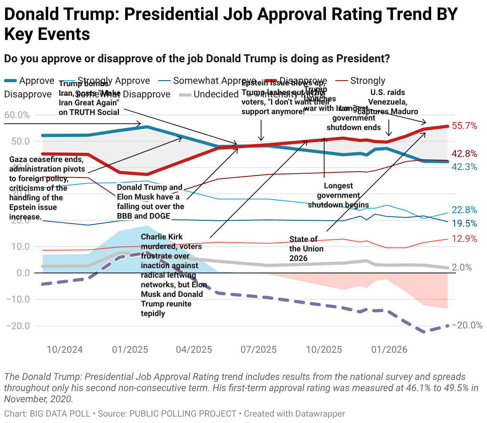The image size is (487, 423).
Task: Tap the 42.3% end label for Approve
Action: click(464, 167)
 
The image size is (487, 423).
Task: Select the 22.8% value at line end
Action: click(464, 210)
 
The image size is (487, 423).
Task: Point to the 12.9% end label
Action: click(464, 239)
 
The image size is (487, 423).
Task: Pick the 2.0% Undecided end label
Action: click(461, 267)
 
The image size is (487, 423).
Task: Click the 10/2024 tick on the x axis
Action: click(65, 350)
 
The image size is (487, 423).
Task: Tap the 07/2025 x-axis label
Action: click(259, 350)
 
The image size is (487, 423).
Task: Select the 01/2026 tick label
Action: click(389, 350)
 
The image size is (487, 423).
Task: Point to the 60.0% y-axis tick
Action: click(17, 115)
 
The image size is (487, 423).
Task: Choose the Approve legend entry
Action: click(36, 81)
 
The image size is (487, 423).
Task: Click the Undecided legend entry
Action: click(216, 94)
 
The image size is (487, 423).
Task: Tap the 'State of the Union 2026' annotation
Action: click(306, 249)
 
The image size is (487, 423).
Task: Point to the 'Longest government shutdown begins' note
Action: click(339, 195)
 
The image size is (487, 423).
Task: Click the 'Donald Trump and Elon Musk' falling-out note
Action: click(150, 202)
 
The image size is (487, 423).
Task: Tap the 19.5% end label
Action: click(464, 223)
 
